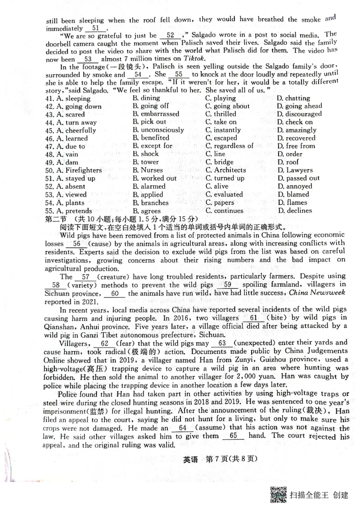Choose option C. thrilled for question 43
pos(220,114)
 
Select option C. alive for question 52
pos(217,187)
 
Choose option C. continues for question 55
pos(224,211)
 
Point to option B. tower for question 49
pos(146,162)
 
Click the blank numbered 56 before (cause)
pos(76,244)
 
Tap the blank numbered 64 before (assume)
pos(182,428)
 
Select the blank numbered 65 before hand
pos(233,436)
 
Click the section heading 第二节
pos(56,219)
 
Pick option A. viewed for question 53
pos(71,195)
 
